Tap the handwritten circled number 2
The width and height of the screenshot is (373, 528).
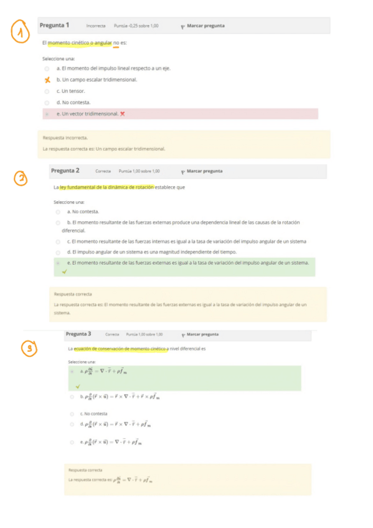pos(22,179)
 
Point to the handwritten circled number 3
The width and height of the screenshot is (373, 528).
pos(28,349)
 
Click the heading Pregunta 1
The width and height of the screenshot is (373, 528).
pos(54,26)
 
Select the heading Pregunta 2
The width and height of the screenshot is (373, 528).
pos(65,171)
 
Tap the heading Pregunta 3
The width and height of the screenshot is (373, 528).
pos(78,334)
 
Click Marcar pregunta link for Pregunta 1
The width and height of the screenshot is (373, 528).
pos(205,26)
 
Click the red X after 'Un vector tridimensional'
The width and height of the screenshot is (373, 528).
pos(123,113)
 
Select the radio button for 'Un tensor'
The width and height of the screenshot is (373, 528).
pos(47,91)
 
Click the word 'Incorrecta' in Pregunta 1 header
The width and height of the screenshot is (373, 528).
pos(96,26)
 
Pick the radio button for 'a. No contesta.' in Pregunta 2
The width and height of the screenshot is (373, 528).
pos(58,212)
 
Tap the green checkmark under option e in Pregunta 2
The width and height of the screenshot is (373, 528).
pos(64,271)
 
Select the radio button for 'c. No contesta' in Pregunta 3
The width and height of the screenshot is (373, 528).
pos(72,413)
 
